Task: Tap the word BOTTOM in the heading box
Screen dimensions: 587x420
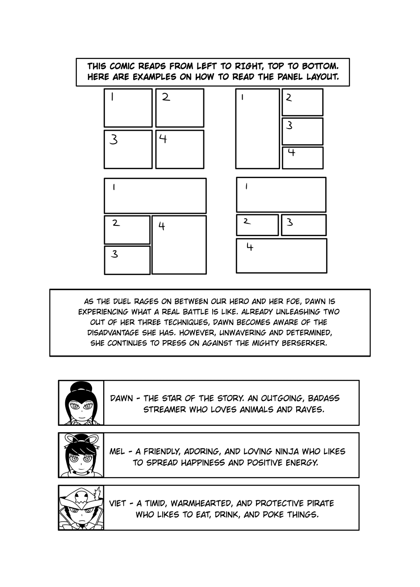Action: [x=319, y=67]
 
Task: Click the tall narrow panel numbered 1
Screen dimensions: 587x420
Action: [x=257, y=129]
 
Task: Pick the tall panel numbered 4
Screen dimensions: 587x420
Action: [x=179, y=245]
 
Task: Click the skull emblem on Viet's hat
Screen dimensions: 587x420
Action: [x=81, y=495]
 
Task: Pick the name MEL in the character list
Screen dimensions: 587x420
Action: [x=117, y=451]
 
